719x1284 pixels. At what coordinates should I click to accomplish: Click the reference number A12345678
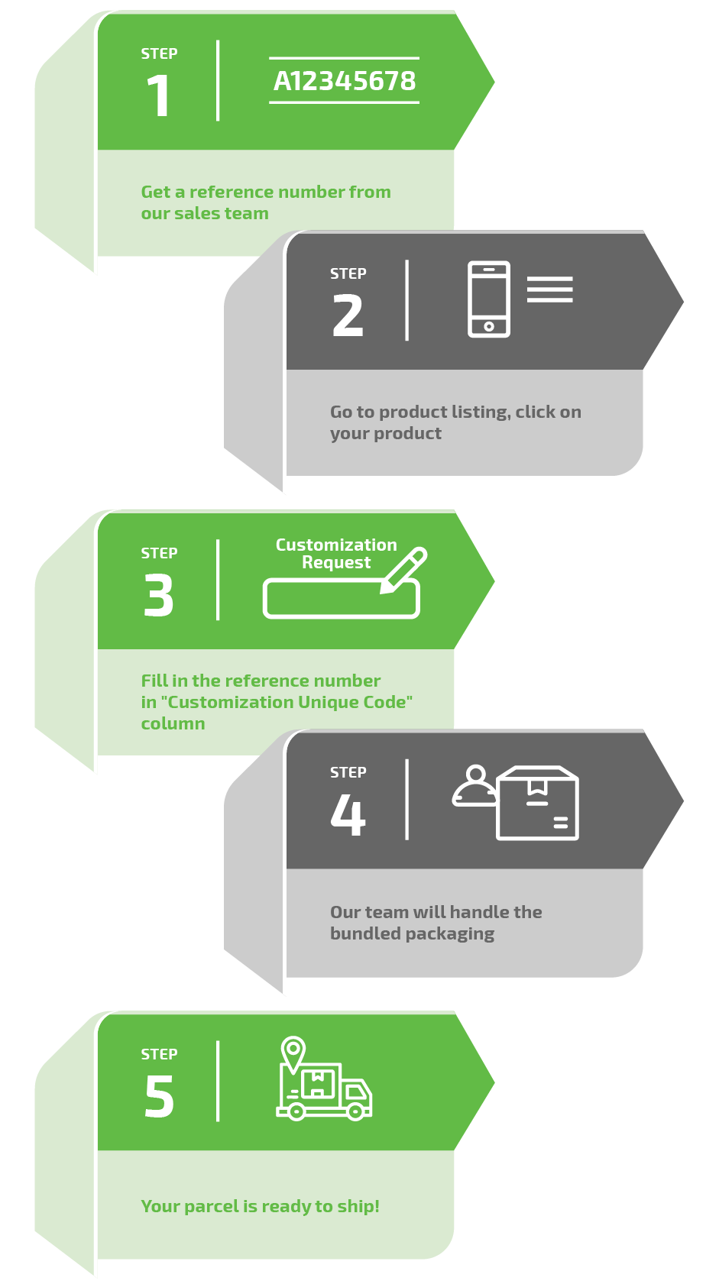click(x=345, y=81)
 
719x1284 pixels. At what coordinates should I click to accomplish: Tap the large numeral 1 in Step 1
click(x=158, y=96)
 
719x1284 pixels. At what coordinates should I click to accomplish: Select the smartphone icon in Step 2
click(x=489, y=299)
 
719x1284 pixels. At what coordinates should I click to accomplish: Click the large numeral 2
click(x=348, y=316)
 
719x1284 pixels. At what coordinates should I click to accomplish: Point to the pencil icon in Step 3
click(x=404, y=569)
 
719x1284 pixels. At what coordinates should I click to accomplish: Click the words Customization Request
click(x=336, y=554)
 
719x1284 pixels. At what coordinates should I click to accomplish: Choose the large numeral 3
click(x=159, y=596)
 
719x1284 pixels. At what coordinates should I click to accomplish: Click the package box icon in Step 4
click(x=537, y=804)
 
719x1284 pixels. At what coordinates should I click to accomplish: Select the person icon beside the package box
click(x=475, y=787)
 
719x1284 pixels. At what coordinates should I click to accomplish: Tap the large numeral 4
click(x=348, y=815)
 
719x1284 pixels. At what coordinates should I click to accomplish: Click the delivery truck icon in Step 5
click(x=325, y=1090)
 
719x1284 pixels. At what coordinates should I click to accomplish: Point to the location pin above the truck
click(x=293, y=1052)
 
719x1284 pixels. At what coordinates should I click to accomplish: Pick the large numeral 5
click(x=159, y=1097)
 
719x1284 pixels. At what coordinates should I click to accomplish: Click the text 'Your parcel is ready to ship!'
click(x=260, y=1206)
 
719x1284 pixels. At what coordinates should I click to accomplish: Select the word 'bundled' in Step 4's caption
click(x=365, y=933)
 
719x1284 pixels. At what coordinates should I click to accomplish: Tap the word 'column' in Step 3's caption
click(x=173, y=723)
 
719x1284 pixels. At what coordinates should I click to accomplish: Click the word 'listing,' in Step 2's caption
click(x=480, y=412)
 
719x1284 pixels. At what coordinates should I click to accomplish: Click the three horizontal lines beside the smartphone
click(x=549, y=289)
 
